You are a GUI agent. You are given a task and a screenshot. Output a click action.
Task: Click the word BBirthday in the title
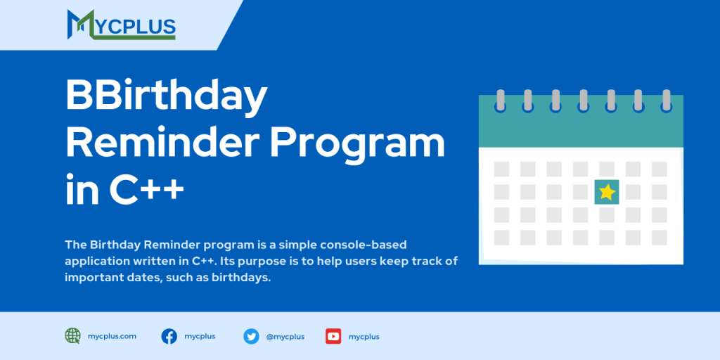[x=167, y=96]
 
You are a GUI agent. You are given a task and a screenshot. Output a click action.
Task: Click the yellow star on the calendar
[x=607, y=192]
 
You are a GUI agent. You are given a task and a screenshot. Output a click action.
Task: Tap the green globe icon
[x=73, y=336]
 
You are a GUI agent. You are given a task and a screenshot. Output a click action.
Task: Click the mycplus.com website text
[x=112, y=336]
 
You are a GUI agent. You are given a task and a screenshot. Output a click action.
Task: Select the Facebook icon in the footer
[x=169, y=336]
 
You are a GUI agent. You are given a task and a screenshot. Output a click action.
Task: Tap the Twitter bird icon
[x=251, y=336]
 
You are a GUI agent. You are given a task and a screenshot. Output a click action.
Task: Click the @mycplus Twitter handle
[x=285, y=337]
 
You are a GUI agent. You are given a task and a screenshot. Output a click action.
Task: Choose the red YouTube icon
[x=333, y=336]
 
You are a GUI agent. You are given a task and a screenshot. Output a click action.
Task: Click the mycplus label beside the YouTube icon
[x=364, y=337]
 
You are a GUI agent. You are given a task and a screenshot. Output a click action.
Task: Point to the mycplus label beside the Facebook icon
[x=200, y=336]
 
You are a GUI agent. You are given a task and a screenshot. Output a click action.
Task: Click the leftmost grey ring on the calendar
[x=500, y=100]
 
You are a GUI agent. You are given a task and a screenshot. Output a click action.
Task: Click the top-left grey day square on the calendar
[x=501, y=169]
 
